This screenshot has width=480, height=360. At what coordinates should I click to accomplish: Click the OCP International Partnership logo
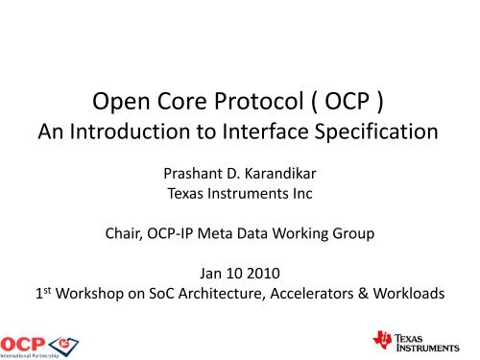pyautogui.click(x=40, y=341)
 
